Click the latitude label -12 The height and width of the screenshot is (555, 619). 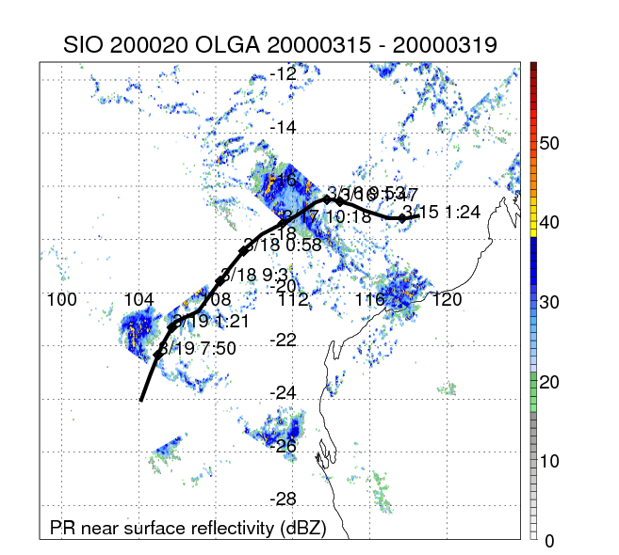pos(284,74)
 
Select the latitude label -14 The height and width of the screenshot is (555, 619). pos(284,127)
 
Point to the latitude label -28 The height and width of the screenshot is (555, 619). pos(284,499)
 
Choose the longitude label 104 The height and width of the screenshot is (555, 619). pos(138,300)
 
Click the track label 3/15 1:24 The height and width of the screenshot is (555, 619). pos(442,212)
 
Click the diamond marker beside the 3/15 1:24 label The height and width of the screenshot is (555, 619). pos(402,218)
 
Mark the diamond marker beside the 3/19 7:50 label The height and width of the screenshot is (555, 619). pos(157,355)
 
